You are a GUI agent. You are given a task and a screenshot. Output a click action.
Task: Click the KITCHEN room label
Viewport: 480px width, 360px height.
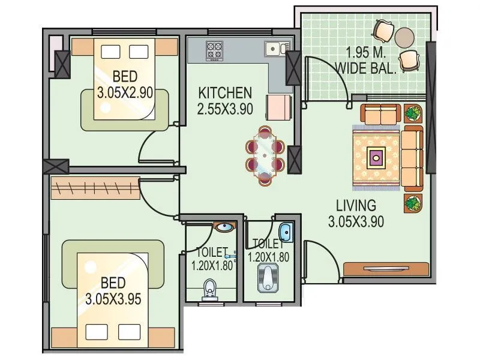pyautogui.click(x=225, y=93)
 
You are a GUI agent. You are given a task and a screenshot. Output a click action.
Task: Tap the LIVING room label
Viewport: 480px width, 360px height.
pyautogui.click(x=356, y=205)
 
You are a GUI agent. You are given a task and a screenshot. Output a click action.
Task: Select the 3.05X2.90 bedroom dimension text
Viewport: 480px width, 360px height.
pyautogui.click(x=125, y=93)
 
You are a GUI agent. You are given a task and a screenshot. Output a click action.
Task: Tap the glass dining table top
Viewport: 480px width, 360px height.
pyautogui.click(x=265, y=155)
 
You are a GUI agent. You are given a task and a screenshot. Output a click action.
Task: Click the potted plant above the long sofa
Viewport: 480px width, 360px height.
pyautogui.click(x=413, y=113)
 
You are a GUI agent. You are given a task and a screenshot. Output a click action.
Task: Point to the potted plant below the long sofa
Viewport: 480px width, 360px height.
pyautogui.click(x=413, y=203)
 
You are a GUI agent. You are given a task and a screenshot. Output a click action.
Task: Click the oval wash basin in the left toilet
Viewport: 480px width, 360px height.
pyautogui.click(x=224, y=228)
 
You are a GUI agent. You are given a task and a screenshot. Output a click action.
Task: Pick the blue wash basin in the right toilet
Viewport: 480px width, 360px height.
pyautogui.click(x=286, y=231)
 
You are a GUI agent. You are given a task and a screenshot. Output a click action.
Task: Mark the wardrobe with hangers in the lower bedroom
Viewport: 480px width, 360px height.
pyautogui.click(x=95, y=188)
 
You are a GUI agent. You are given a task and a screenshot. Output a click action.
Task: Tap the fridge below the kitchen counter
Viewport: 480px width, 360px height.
pyautogui.click(x=279, y=108)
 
